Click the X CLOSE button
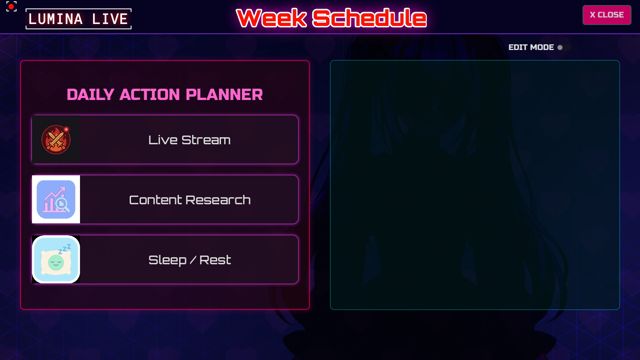pyautogui.click(x=607, y=15)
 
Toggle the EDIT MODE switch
pyautogui.click(x=564, y=47)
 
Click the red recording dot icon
pyautogui.click(x=11, y=6)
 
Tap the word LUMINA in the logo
pyautogui.click(x=55, y=19)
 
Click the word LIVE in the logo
pyautogui.click(x=110, y=19)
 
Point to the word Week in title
pyautogui.click(x=271, y=18)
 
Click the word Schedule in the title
pyautogui.click(x=369, y=18)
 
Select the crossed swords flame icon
pyautogui.click(x=56, y=140)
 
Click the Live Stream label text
pyautogui.click(x=189, y=140)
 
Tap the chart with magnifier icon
pyautogui.click(x=56, y=199)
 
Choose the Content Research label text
pyautogui.click(x=189, y=200)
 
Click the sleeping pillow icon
pyautogui.click(x=56, y=259)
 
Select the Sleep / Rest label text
pyautogui.click(x=189, y=260)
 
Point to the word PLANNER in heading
pyautogui.click(x=224, y=95)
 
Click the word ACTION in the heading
pyautogui.click(x=150, y=95)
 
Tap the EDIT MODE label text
pyautogui.click(x=531, y=47)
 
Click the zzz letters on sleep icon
pyautogui.click(x=65, y=249)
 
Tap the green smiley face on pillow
pyautogui.click(x=56, y=263)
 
